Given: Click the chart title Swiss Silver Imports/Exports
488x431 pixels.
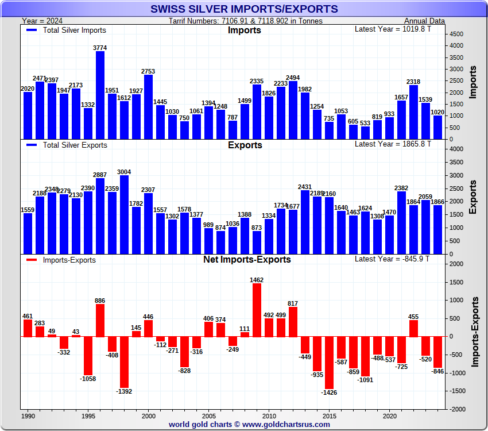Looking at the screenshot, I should point(244,9).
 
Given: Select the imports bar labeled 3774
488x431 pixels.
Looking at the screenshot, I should point(100,95).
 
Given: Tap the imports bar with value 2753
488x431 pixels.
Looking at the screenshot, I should point(148,107).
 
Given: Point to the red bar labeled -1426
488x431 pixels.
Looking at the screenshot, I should point(329,363).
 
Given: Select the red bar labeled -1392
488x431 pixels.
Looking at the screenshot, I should point(124,362).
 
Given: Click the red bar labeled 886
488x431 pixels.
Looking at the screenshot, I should point(100,321).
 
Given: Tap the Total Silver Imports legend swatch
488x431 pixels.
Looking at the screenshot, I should point(32,30).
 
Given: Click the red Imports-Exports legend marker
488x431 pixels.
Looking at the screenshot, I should point(32,260).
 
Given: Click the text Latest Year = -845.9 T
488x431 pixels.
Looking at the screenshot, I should point(393,259).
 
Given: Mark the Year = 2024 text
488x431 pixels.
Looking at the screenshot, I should point(42,21).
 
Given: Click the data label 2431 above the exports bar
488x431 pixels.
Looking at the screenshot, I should point(305,187).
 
